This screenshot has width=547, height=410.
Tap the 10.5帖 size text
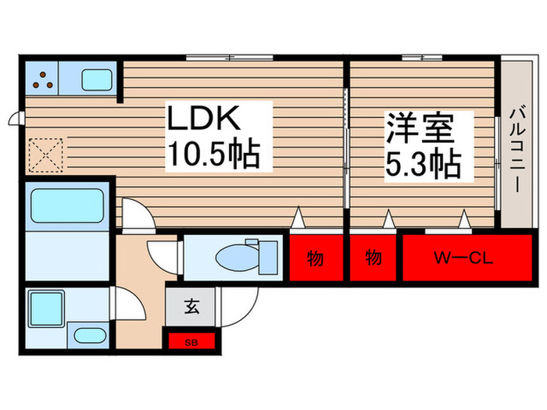tap(212, 156)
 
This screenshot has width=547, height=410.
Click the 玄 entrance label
tap(191, 305)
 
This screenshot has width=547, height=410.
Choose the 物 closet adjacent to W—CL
tap(374, 257)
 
